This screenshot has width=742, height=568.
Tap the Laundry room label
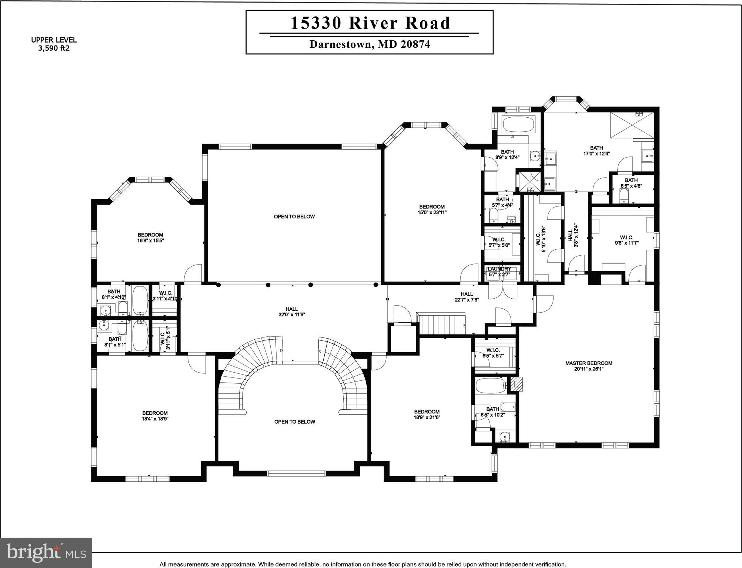[499, 269]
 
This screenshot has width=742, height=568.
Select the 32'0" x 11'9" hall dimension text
[292, 315]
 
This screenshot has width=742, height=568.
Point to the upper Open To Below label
[294, 216]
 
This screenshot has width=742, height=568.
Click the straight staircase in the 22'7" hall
[441, 324]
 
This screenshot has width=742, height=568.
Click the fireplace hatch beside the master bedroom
[517, 384]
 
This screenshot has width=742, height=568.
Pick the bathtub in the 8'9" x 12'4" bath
[518, 125]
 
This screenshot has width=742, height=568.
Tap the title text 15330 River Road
[370, 23]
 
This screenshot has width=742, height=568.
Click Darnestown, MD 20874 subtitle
[370, 44]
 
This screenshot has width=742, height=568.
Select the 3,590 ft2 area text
[54, 48]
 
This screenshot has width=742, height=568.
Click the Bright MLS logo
[46, 553]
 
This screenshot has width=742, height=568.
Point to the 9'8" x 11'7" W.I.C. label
[626, 240]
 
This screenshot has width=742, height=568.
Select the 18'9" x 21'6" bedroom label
[427, 414]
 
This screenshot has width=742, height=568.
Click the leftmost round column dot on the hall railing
[218, 285]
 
